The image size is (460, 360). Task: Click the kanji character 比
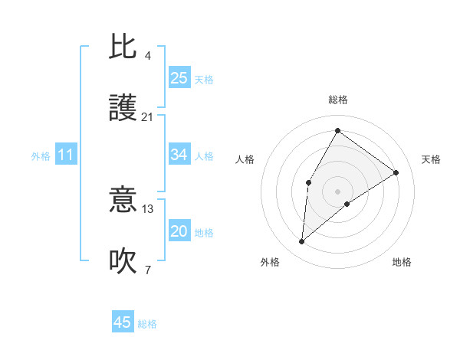[123, 47]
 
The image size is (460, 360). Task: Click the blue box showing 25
[179, 78]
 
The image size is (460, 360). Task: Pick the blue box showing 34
[179, 155]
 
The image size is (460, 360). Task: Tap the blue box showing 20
[179, 232]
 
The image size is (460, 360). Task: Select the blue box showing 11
[66, 155]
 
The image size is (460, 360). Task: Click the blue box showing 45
[123, 322]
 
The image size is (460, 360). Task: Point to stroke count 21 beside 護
[147, 117]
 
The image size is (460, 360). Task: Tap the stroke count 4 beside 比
[147, 56]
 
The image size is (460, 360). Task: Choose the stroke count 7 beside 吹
[147, 270]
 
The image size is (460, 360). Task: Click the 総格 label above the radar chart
[338, 100]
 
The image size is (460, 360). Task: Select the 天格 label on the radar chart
[431, 159]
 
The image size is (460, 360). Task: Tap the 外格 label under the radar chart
[270, 262]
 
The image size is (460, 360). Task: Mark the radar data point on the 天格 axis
[396, 172]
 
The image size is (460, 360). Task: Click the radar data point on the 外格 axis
[302, 242]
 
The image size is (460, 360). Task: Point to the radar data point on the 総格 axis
[337, 130]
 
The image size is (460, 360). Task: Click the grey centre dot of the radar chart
[337, 191]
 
